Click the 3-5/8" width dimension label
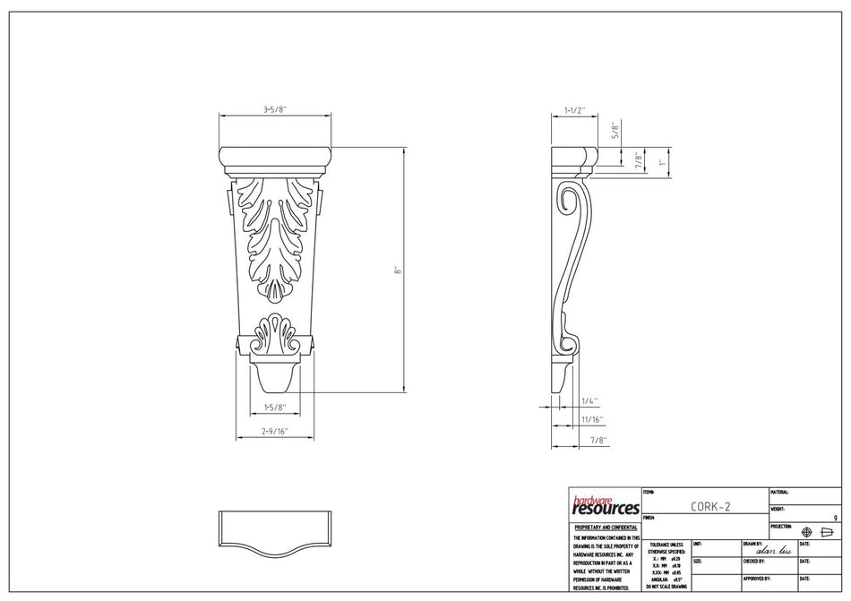tap(274, 109)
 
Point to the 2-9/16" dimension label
tap(275, 432)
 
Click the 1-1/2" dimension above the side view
tap(574, 110)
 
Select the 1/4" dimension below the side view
tap(589, 401)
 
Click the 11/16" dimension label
tap(592, 419)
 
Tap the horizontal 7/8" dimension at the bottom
tap(598, 440)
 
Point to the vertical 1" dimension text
tap(663, 162)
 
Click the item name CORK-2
tap(710, 506)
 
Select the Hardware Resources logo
tap(605, 506)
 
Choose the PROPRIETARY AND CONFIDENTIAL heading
tap(605, 528)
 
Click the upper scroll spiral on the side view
tap(566, 201)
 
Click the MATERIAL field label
tap(779, 492)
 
